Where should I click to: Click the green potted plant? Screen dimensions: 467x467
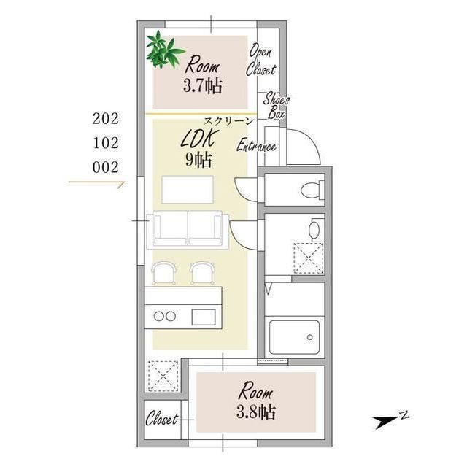coord(163,50)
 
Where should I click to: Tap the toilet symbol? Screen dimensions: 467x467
coord(312,190)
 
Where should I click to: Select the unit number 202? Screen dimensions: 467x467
coord(105,119)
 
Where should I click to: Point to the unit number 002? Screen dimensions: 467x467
coord(105,167)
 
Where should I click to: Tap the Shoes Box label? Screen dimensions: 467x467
coord(276,105)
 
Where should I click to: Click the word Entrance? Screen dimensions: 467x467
coord(256,146)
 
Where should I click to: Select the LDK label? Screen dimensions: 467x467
coord(198,139)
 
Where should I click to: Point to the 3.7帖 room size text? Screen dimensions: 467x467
coord(203,86)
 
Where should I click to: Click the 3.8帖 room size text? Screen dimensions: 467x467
coord(256,412)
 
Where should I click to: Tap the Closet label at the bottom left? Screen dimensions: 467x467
coord(162,419)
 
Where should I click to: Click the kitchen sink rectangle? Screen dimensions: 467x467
coord(204,317)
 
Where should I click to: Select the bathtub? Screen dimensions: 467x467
coord(294,337)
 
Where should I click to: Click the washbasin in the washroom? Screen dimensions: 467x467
coord(314,230)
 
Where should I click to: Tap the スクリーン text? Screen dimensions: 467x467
coord(228,121)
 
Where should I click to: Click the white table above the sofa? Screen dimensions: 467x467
coord(188,190)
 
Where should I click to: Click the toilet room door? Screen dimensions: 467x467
coord(246,190)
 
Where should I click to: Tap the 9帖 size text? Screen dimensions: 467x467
coord(198,161)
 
